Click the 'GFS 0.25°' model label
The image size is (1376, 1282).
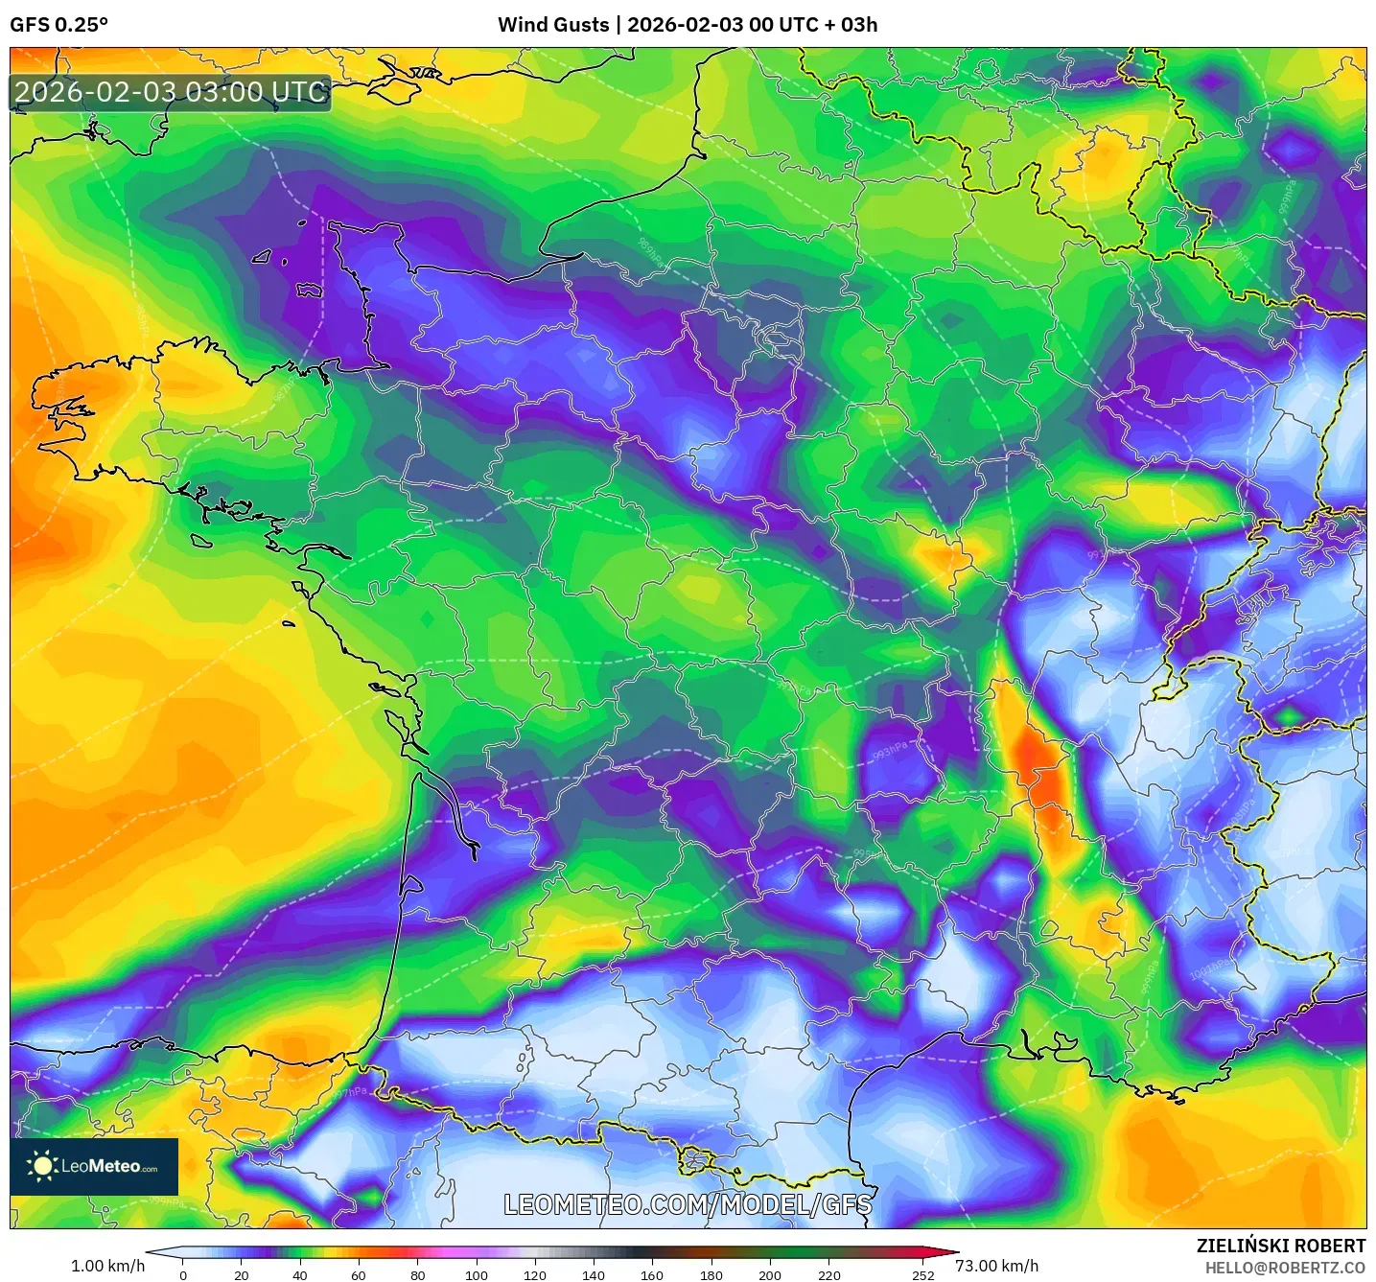pos(58,25)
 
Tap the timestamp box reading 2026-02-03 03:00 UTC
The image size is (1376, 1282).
pos(171,93)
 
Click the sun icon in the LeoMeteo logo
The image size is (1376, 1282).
pos(42,1166)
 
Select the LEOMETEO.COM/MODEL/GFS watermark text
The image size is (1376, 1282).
pos(688,1204)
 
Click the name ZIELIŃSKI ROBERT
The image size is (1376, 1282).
pos(1280,1246)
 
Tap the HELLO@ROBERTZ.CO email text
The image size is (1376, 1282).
pos(1284,1268)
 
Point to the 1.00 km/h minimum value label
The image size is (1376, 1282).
pos(107,1266)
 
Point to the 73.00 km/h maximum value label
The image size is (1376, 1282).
pos(996,1266)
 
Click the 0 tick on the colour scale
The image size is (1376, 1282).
pos(183,1275)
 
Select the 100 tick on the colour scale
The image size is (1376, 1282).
pos(477,1275)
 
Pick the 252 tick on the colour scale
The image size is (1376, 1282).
pos(922,1275)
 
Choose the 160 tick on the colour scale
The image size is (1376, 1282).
pos(652,1275)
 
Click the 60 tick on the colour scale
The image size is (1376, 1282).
pos(359,1275)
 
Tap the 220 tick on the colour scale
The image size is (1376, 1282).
pos(829,1275)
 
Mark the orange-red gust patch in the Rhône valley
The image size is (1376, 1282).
pos(1038,767)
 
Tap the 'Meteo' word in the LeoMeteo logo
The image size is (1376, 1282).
pos(115,1166)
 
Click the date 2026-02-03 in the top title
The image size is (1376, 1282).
pos(685,25)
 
